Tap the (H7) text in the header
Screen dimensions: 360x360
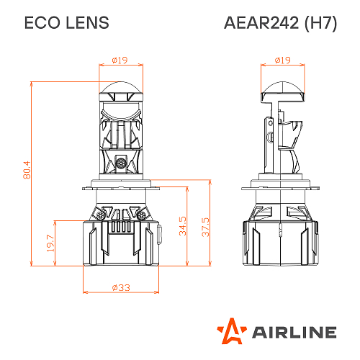click(320, 23)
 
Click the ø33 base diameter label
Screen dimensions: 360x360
click(120, 287)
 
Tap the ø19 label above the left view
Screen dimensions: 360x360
click(120, 60)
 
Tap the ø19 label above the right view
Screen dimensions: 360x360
click(282, 60)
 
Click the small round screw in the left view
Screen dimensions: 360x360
click(120, 163)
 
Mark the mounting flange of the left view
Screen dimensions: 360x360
click(120, 186)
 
